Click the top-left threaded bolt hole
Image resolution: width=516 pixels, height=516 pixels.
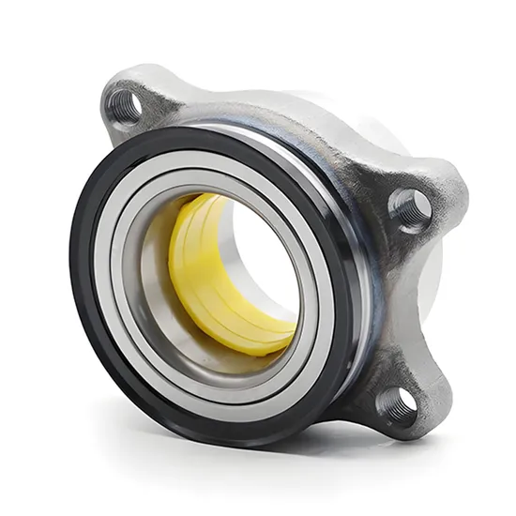tap(123, 103)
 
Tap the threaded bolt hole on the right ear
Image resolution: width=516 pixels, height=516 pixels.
tap(411, 207)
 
